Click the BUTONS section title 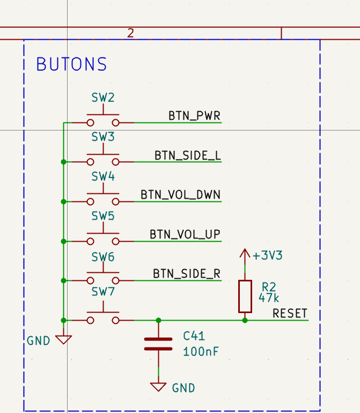pos(71,64)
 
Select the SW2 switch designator pos(103,98)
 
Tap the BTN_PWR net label pos(194,115)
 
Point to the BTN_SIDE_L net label pos(187,155)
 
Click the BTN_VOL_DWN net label pos(180,194)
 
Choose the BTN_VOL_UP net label pos(185,234)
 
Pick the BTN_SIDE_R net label pos(186,274)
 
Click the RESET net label pos(290,313)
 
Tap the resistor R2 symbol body pos(245,296)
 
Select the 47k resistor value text pos(269,298)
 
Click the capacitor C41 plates pos(158,344)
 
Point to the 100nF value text pos(201,352)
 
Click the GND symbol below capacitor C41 pos(158,386)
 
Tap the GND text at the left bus pos(39,340)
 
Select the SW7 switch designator pos(103,292)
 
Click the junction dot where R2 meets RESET pos(245,320)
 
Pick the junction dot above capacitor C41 pos(158,320)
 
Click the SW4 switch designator pos(103,177)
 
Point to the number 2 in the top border pos(130,33)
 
